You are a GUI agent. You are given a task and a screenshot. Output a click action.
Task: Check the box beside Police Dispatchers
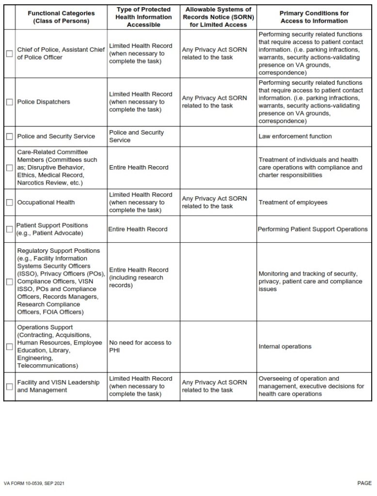tap(9, 102)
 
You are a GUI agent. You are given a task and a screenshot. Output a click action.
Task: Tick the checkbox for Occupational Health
tap(9, 202)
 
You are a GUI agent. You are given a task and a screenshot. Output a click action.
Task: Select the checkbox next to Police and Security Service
tap(9, 137)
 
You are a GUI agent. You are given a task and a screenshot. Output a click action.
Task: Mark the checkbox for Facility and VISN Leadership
tap(9, 387)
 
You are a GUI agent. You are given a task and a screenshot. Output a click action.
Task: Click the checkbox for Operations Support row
tap(9, 347)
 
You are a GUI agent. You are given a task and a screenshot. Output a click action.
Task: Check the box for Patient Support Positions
tap(9, 229)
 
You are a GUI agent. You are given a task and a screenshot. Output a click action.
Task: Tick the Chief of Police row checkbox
tap(9, 54)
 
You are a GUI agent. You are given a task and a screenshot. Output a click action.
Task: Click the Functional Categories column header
tap(61, 17)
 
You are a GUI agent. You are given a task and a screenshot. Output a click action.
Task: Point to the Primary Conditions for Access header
tap(314, 17)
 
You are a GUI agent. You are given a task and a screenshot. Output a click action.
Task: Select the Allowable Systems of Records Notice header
tap(218, 17)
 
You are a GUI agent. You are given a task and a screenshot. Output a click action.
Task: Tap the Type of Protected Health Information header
tap(143, 17)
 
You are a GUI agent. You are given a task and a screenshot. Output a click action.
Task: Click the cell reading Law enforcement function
tap(295, 137)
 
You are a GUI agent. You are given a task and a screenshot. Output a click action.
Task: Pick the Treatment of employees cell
tap(293, 202)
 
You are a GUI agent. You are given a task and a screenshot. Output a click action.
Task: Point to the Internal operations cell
tap(285, 347)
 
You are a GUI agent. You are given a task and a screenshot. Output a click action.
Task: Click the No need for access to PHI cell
tap(140, 347)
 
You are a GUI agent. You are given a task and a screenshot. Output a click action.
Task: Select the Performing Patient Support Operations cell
tap(313, 229)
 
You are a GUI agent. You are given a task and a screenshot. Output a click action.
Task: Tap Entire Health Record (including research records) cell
tap(139, 278)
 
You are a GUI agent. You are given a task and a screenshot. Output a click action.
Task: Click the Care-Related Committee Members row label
tap(57, 168)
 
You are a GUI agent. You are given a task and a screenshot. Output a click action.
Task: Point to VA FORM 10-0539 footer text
tap(34, 483)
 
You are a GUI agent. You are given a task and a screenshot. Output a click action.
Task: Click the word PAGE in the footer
tap(364, 483)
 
